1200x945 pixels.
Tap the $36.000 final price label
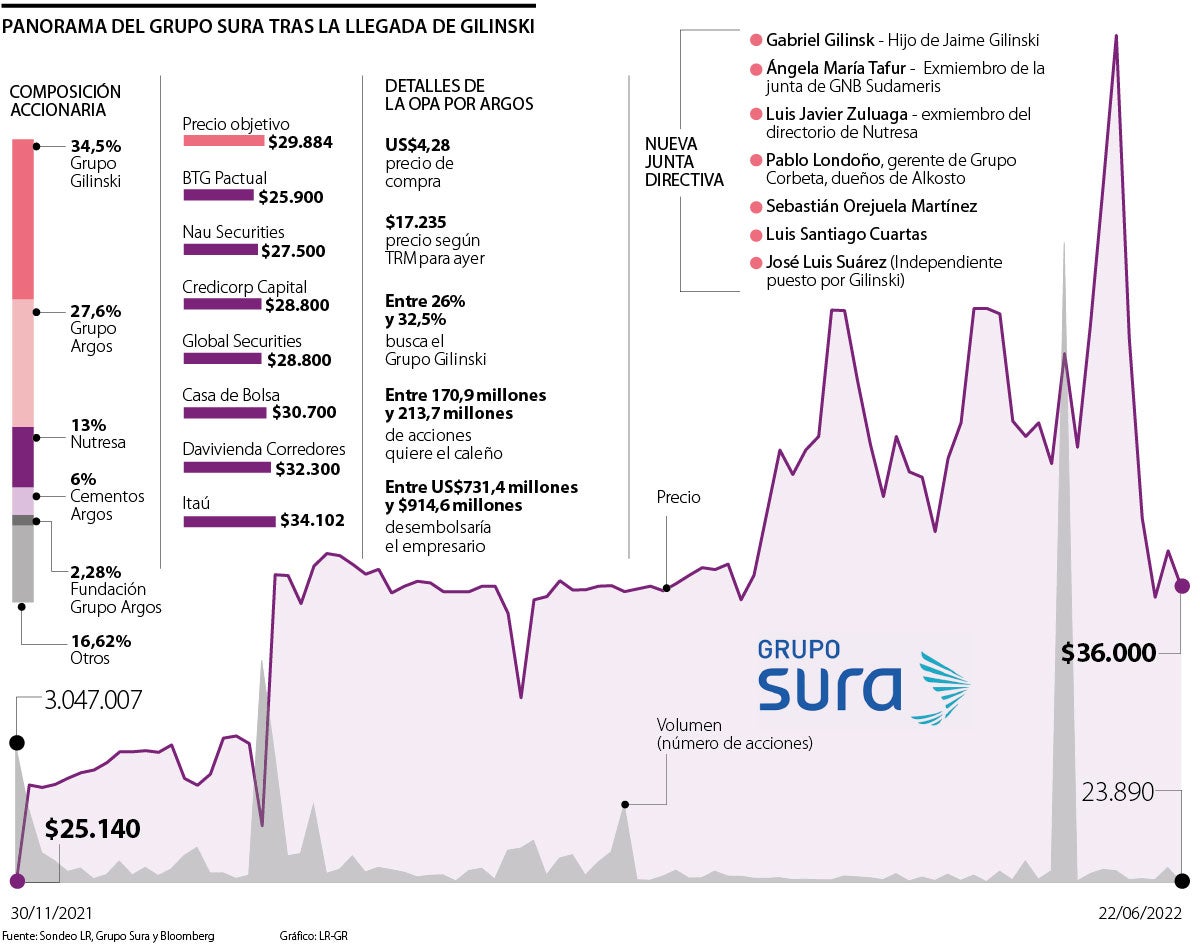[1108, 653]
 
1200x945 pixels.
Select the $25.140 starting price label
[92, 828]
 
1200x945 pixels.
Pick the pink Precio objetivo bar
[223, 141]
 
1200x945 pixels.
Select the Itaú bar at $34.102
[228, 520]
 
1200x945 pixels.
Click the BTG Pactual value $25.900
[290, 197]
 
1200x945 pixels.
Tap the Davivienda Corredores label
[263, 450]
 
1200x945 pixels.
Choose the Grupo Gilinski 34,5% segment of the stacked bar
[23, 218]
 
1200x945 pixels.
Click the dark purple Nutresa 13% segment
[23, 456]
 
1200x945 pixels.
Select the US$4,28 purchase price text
[418, 145]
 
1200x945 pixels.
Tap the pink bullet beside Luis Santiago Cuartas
[756, 234]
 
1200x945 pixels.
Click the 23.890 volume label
[1118, 792]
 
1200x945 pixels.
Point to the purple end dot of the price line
[1181, 586]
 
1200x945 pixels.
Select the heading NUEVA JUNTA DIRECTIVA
[684, 162]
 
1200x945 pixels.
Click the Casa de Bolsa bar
[226, 412]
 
